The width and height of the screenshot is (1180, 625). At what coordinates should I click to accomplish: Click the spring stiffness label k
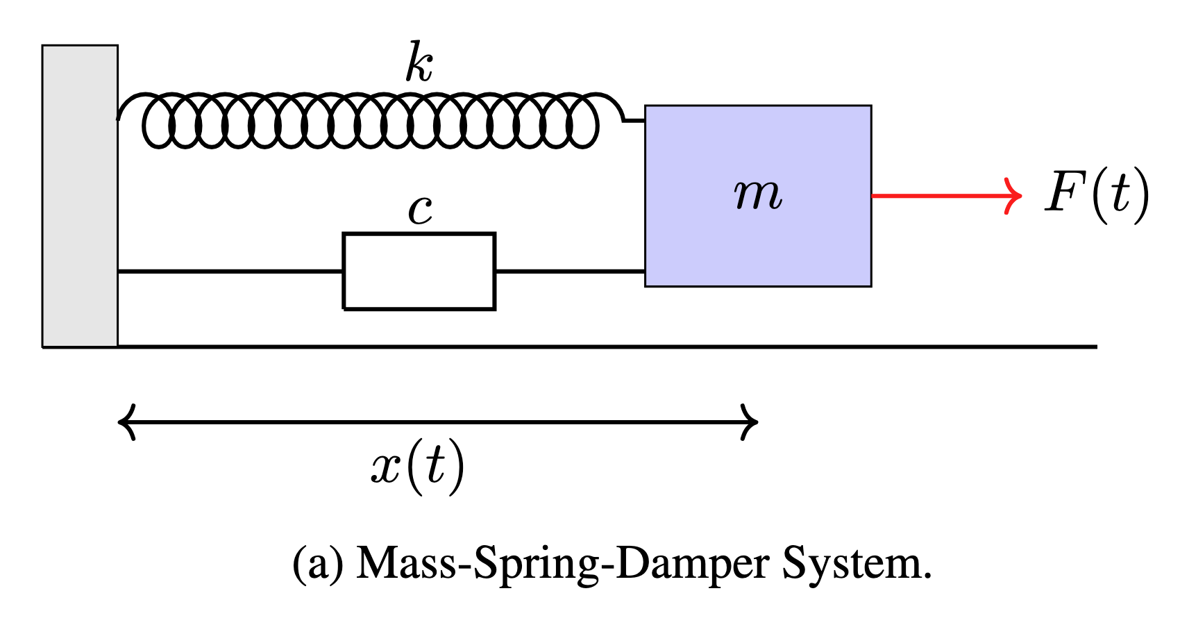tap(419, 63)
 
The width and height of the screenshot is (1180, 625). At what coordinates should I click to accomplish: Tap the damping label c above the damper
tap(420, 210)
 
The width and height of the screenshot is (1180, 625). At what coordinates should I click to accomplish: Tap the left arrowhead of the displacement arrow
tap(126, 422)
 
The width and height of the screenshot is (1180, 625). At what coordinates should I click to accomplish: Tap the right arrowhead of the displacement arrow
tap(751, 422)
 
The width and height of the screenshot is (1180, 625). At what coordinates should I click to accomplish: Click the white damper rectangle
tap(419, 271)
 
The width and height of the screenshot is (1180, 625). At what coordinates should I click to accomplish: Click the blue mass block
tap(758, 243)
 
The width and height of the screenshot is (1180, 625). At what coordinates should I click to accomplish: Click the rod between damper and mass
tap(570, 271)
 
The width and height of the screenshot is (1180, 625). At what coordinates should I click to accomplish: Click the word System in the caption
tap(855, 564)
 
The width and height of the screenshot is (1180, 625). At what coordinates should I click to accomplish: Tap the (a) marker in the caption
tap(318, 564)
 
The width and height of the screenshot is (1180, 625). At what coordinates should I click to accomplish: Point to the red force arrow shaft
tap(937, 196)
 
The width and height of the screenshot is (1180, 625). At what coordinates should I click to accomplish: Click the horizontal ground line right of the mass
tap(986, 346)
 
